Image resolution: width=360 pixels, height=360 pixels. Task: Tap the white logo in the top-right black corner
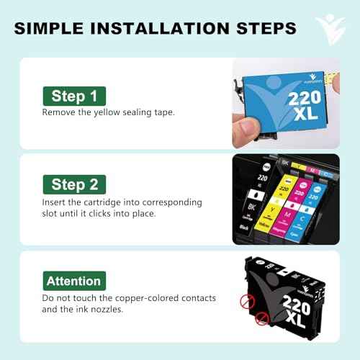coord(330,27)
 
